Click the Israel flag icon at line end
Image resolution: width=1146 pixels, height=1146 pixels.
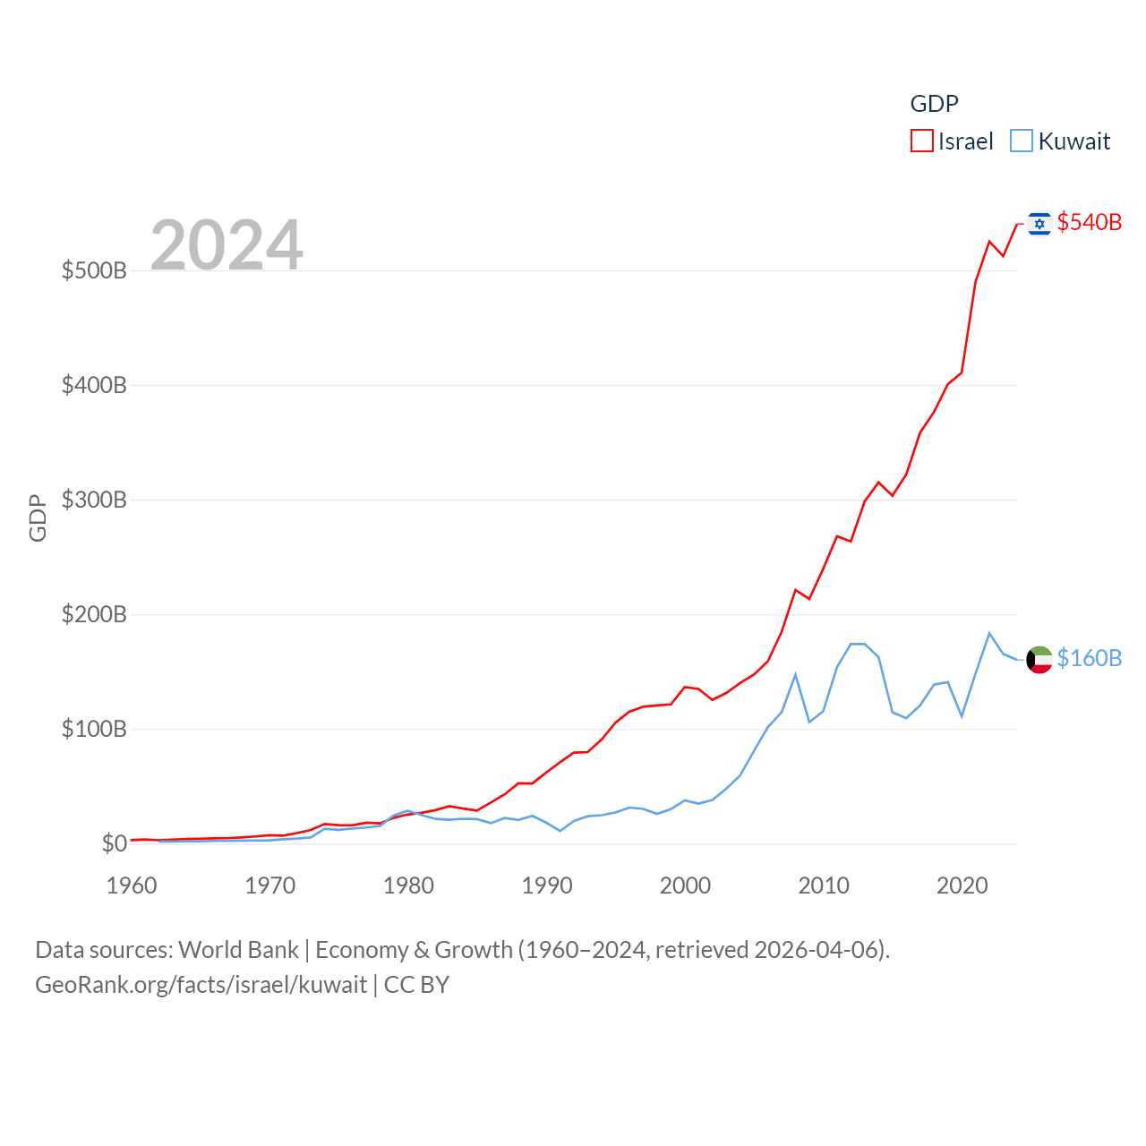click(x=1039, y=223)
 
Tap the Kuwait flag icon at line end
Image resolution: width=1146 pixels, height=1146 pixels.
click(x=1039, y=659)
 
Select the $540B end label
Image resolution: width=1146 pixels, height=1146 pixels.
click(x=1089, y=222)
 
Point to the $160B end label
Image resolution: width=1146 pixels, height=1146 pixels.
click(x=1089, y=658)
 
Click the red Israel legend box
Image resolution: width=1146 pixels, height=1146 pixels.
click(x=921, y=141)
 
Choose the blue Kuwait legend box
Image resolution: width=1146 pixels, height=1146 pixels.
click(x=1021, y=141)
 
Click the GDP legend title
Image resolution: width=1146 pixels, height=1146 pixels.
click(x=934, y=104)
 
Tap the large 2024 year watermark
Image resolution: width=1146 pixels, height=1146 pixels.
click(x=227, y=244)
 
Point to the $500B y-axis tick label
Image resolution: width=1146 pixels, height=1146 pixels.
click(x=94, y=270)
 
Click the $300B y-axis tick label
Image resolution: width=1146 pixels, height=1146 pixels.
click(x=94, y=500)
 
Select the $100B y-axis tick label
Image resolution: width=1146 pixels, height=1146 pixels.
click(x=94, y=729)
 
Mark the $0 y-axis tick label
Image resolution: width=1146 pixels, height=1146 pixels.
click(x=115, y=843)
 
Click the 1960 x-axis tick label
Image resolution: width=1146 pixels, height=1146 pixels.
click(x=132, y=885)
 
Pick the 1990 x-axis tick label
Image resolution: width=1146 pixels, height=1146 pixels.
click(x=547, y=885)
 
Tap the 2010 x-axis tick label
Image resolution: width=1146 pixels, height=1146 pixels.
click(x=824, y=885)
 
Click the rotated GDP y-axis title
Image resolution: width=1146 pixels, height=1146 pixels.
click(x=38, y=517)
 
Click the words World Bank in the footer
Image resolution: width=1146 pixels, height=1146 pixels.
click(x=238, y=949)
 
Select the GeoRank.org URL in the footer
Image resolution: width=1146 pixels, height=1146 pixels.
click(x=201, y=985)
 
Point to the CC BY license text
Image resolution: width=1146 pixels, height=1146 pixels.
click(x=416, y=985)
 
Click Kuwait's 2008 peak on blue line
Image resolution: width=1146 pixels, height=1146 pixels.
click(x=795, y=675)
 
